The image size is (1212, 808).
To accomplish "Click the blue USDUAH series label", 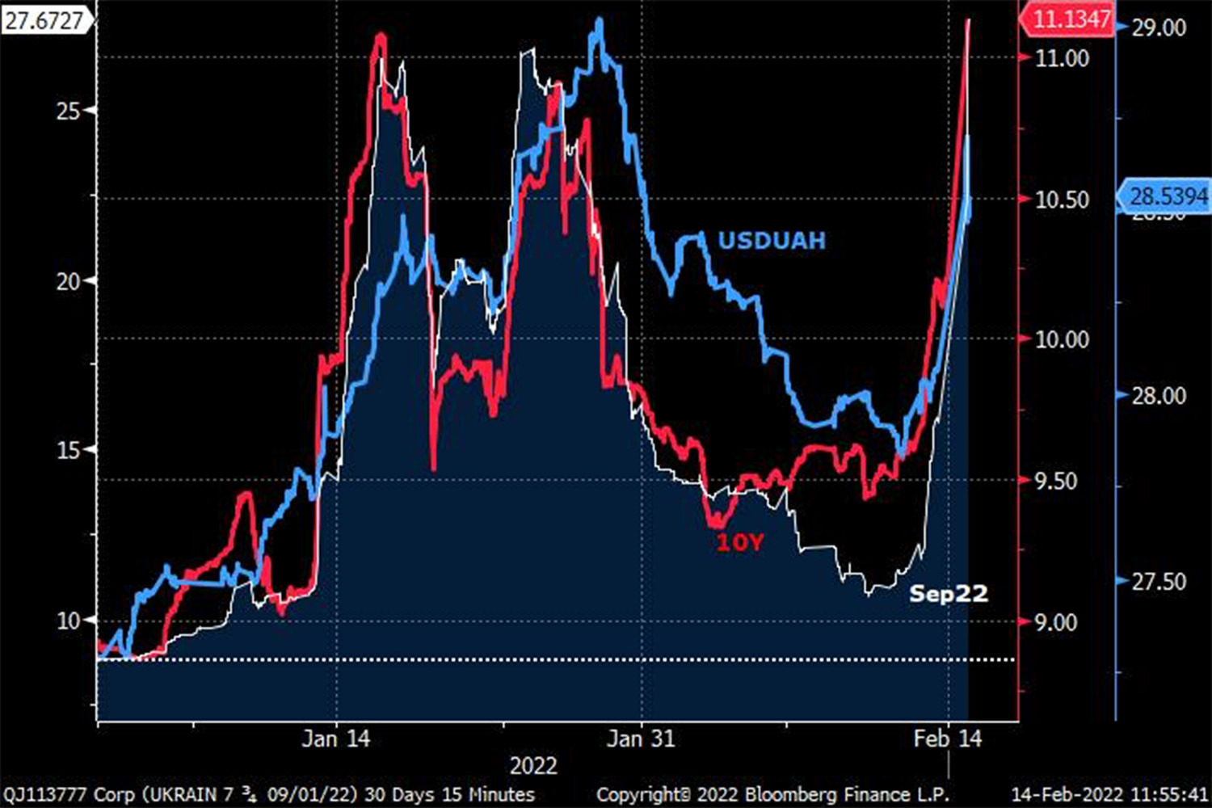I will pyautogui.click(x=772, y=241).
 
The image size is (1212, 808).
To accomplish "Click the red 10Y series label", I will pyautogui.click(x=739, y=542).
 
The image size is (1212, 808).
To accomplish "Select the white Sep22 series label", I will pyautogui.click(x=949, y=594).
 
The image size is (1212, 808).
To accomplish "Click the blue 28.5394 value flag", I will pyautogui.click(x=1167, y=196).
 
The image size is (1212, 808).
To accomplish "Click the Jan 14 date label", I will pyautogui.click(x=335, y=739).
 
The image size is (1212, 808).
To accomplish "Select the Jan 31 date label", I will pyautogui.click(x=641, y=739).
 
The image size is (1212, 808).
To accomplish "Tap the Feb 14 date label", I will pyautogui.click(x=948, y=739).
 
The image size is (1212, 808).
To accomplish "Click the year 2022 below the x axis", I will pyautogui.click(x=533, y=766).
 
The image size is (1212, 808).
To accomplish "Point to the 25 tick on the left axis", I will pyautogui.click(x=69, y=111).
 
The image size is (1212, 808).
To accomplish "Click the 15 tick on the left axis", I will pyautogui.click(x=69, y=450).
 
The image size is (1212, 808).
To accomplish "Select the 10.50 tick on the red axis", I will pyautogui.click(x=1062, y=199).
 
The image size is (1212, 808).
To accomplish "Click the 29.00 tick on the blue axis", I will pyautogui.click(x=1159, y=27).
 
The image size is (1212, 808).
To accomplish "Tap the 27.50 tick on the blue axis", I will pyautogui.click(x=1159, y=582).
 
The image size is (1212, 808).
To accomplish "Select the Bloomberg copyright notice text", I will pyautogui.click(x=772, y=794).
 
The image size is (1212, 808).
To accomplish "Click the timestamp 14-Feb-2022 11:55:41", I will pyautogui.click(x=1109, y=794).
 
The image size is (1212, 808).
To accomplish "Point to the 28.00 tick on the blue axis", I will pyautogui.click(x=1159, y=396).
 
